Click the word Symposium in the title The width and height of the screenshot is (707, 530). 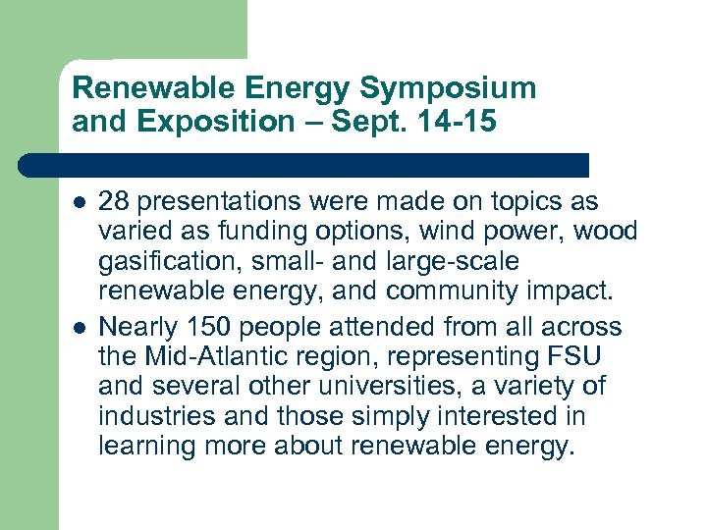(x=448, y=88)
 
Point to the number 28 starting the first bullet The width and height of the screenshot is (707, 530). (x=113, y=202)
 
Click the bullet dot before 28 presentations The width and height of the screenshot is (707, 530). (x=79, y=203)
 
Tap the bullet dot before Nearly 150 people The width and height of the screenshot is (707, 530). (x=79, y=326)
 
